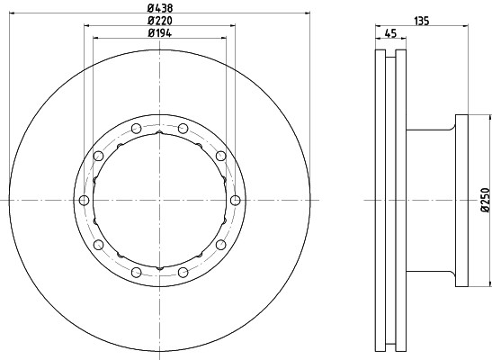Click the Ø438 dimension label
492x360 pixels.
click(x=160, y=7)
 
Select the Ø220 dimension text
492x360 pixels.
click(x=160, y=21)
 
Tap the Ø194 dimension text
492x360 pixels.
click(x=160, y=33)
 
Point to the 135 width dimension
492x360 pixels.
click(x=422, y=21)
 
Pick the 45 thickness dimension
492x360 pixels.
click(x=390, y=33)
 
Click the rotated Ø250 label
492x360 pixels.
click(x=485, y=200)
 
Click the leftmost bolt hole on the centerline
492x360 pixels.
click(x=84, y=200)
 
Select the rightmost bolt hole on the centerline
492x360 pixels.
click(x=236, y=200)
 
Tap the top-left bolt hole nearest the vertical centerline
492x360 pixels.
click(x=136, y=129)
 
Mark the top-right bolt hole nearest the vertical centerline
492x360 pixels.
click(x=183, y=129)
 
